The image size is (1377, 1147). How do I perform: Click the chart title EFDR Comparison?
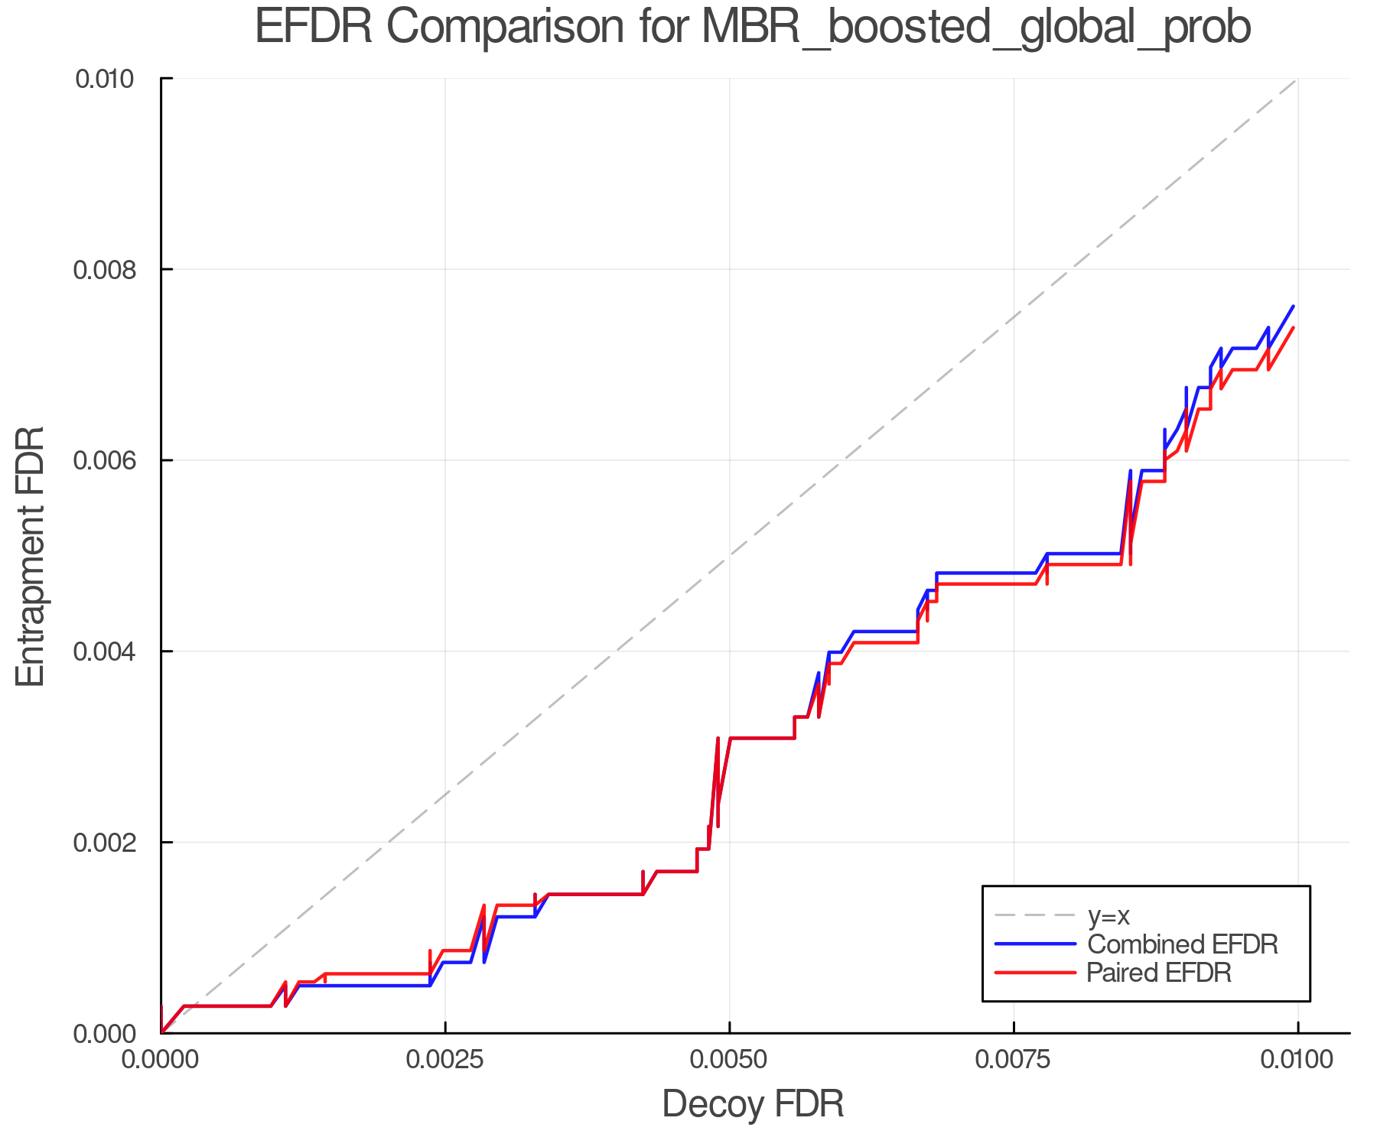(x=752, y=28)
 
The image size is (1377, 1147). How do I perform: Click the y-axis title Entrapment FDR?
(x=31, y=556)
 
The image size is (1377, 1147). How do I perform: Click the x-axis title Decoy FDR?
(x=752, y=1103)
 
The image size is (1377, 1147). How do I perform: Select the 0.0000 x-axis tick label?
(x=161, y=1060)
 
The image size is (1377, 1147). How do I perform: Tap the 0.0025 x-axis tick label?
(x=445, y=1060)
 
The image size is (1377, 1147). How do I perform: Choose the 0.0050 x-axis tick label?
(x=729, y=1060)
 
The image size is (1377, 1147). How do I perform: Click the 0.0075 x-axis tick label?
(x=1014, y=1060)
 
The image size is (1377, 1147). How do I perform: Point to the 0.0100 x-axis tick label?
(x=1297, y=1060)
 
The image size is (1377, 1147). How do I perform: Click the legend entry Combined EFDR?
(x=1182, y=944)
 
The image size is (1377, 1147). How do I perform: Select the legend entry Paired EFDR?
(x=1159, y=973)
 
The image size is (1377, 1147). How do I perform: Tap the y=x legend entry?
(x=1108, y=915)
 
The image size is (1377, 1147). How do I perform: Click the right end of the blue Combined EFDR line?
(x=1293, y=307)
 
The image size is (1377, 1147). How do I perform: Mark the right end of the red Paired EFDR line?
(x=1293, y=328)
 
